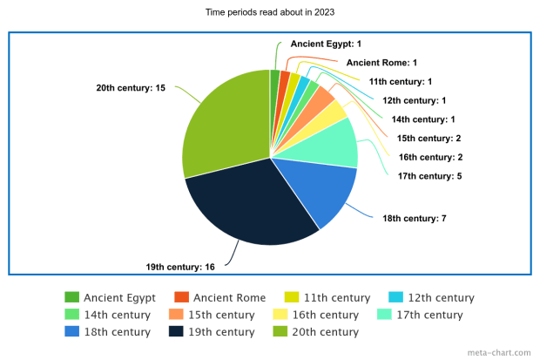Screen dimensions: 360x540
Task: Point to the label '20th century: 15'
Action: (130, 88)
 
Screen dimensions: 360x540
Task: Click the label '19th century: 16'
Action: (180, 266)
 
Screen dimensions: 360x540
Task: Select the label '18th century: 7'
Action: (414, 217)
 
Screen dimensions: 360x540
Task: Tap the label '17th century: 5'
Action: (424, 175)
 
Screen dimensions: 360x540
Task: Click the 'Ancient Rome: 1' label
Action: (381, 63)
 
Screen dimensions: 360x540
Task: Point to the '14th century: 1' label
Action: (423, 119)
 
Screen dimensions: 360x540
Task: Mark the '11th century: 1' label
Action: (401, 81)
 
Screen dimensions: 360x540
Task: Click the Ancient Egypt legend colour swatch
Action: (72, 296)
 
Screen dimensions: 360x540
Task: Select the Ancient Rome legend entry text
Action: (229, 296)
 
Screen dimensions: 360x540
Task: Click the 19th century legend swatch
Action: (175, 331)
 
